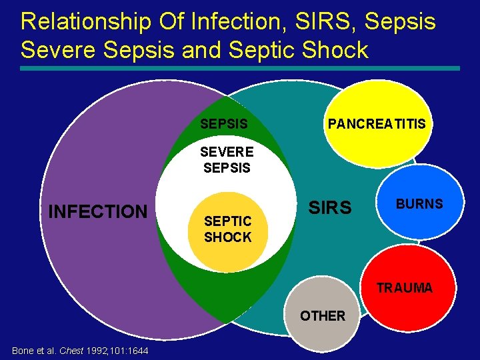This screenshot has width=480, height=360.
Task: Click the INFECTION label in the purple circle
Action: [97, 212]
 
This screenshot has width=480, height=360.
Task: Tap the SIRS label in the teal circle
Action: [329, 209]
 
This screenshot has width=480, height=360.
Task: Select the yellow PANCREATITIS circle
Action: [375, 124]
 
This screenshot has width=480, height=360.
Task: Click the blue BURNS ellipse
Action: [419, 204]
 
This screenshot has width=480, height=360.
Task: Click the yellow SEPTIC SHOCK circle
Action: [228, 229]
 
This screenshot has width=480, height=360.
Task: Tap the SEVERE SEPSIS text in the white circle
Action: [227, 160]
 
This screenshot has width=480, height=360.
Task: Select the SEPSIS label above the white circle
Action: [224, 124]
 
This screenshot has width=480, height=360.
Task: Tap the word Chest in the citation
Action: [72, 351]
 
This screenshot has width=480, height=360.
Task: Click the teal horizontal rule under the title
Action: [240, 68]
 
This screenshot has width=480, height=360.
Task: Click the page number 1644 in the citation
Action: [138, 351]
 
